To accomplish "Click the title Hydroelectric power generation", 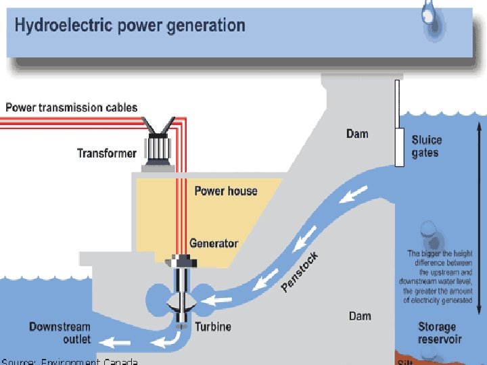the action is point(130,26).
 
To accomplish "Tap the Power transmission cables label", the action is point(72,107).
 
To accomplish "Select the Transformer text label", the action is point(107,153).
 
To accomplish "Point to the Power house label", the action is point(226,191).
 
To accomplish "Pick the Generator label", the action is point(214,243).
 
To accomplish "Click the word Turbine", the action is point(213,327).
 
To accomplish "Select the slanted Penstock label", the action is point(300,272).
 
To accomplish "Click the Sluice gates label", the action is point(427,147).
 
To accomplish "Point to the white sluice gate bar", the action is point(398,122).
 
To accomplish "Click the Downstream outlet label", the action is point(60,333).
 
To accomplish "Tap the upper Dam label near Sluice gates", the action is point(357,134).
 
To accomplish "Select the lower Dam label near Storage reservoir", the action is point(360,316).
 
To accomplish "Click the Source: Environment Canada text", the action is point(70,361).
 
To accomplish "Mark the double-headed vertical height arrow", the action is point(479,216).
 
